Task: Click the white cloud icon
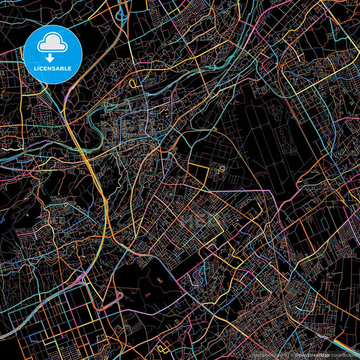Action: [52, 45]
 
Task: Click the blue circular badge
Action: [52, 55]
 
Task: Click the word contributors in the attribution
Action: [344, 353]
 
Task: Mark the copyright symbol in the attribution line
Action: [288, 353]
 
